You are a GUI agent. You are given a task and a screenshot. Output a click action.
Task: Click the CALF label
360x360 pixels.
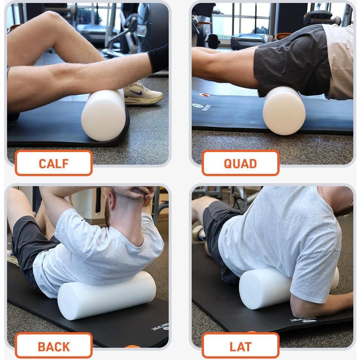53,163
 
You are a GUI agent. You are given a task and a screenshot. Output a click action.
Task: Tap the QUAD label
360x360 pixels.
240,163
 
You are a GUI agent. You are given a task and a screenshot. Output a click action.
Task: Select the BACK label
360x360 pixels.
53,346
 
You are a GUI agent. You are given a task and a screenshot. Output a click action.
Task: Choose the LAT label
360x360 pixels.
240,346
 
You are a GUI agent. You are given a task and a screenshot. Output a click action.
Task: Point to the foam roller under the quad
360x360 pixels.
284,110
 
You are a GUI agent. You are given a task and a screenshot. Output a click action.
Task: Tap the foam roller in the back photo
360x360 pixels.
108,295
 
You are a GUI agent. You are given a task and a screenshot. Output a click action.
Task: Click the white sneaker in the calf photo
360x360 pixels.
143,95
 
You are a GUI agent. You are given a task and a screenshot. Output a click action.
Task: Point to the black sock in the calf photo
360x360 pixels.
158,59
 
